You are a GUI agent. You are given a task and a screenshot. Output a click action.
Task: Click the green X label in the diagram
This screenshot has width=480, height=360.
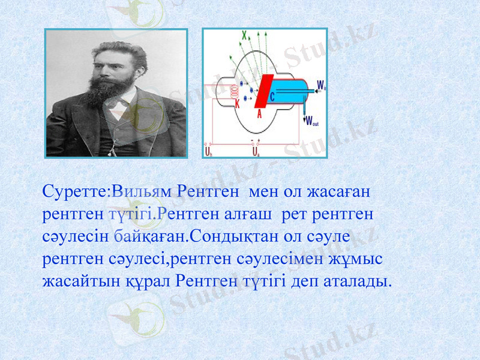click(244, 35)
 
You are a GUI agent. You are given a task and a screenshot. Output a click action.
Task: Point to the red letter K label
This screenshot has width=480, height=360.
click(238, 104)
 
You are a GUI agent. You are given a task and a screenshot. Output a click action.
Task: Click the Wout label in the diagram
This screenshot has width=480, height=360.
click(312, 122)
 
